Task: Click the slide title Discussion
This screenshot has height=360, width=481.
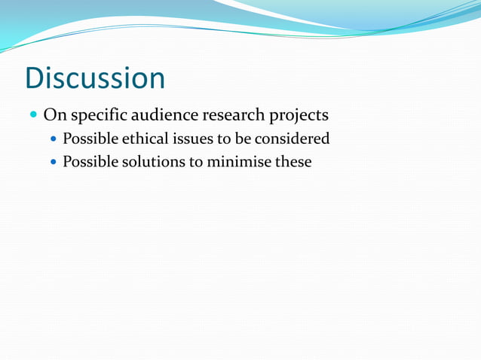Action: click(95, 78)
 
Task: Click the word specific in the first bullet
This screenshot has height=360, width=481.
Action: click(95, 116)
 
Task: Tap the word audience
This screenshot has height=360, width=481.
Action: click(163, 115)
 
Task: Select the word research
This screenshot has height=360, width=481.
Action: click(232, 115)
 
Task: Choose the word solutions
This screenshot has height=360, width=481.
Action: click(152, 161)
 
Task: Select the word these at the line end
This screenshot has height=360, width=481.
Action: click(293, 161)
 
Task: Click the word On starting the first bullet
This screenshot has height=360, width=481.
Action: click(54, 115)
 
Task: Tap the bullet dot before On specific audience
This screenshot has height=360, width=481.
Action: click(32, 116)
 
